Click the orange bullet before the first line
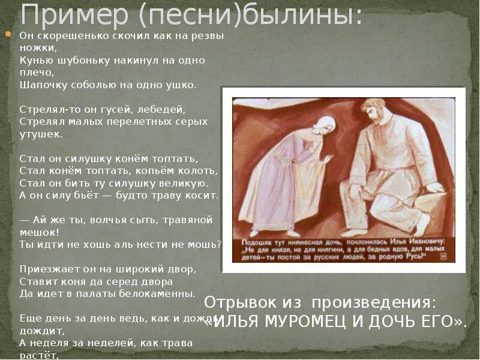click(x=8, y=35)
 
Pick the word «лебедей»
click(x=163, y=109)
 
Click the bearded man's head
click(x=374, y=112)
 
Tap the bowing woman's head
click(x=324, y=127)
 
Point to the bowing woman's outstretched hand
click(x=328, y=160)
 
